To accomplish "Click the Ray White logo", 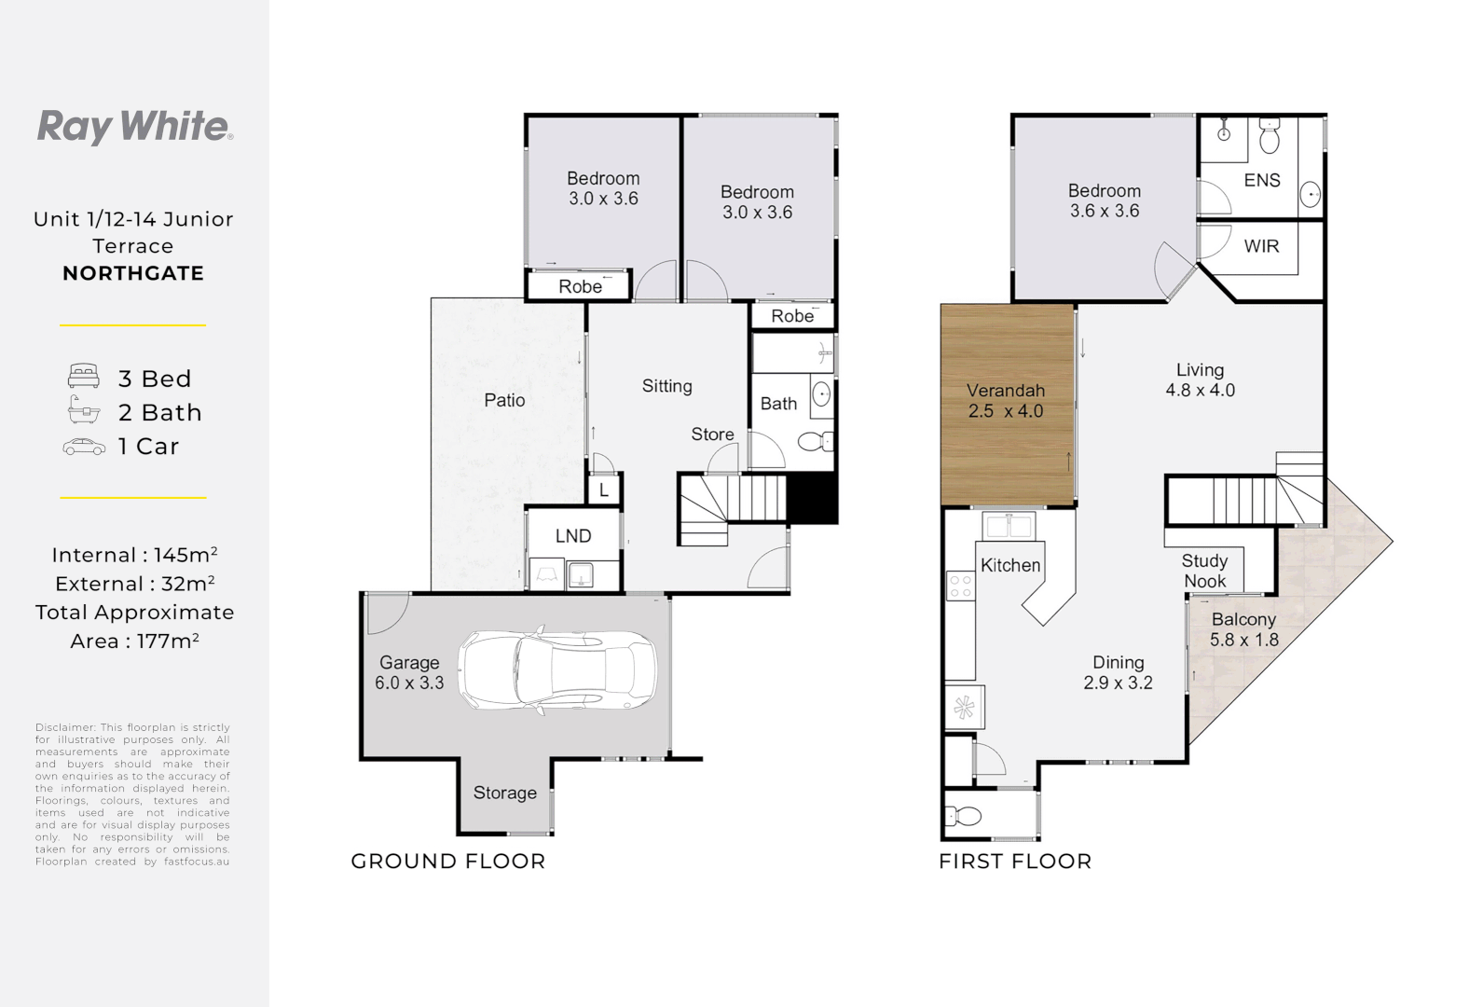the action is pos(135,127).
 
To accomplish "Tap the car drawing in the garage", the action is pos(557,670).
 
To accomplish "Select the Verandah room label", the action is pos(1006,391).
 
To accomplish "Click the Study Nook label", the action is pos(1205,571).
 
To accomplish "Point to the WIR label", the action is pos(1261,246).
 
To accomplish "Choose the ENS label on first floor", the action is pos(1262,180).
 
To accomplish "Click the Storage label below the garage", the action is pos(504,793).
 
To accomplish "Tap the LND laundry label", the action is pos(573,535).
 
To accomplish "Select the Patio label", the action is pos(504,400).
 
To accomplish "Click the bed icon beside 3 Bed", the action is pos(84,376).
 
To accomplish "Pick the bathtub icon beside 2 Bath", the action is pos(84,410).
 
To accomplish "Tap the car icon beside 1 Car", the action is pos(84,447).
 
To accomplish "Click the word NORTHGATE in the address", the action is pos(133,273).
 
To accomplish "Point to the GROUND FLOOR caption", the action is pos(448,862).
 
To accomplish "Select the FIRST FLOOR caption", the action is pos(1015,862).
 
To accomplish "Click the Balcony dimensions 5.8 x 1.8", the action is pos(1244,641).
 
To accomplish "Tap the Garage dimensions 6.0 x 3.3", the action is pos(409,683).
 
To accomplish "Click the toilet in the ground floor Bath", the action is pos(816,442).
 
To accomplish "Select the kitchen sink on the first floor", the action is pos(1009,526).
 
